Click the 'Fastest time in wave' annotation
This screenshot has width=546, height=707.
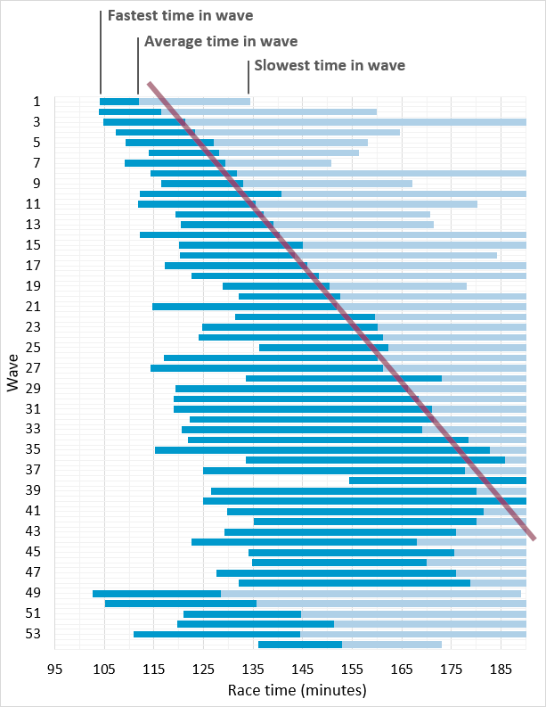[x=192, y=15]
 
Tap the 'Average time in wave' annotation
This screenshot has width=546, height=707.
[x=220, y=41]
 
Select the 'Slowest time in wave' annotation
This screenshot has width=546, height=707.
[x=330, y=65]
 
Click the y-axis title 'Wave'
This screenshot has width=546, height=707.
[x=12, y=372]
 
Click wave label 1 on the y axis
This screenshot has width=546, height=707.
[x=37, y=102]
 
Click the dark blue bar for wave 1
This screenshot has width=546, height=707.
[x=119, y=102]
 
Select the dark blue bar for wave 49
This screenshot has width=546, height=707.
[x=157, y=593]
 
